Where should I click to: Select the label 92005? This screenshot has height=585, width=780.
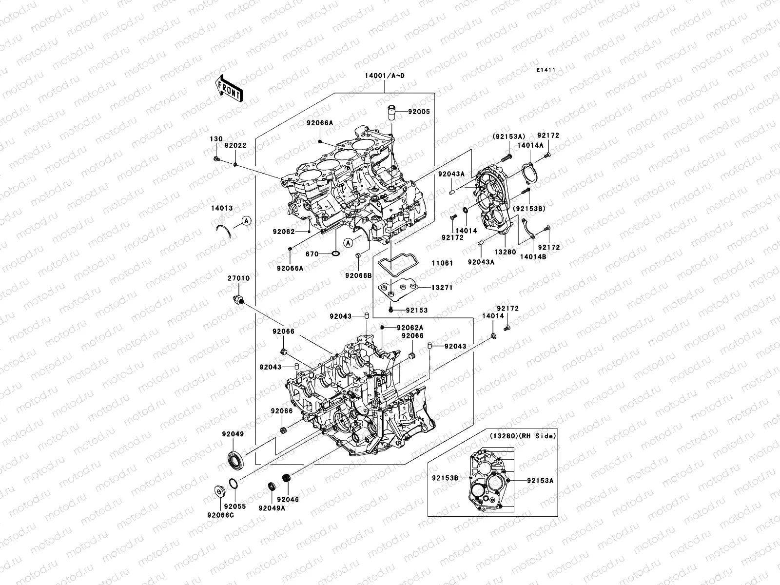[419, 112]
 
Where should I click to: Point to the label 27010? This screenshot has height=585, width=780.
[239, 278]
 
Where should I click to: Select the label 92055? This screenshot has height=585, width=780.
[235, 507]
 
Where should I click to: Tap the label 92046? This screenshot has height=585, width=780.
[288, 500]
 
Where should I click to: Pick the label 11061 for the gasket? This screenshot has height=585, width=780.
[442, 263]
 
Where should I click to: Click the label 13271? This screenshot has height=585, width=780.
[442, 288]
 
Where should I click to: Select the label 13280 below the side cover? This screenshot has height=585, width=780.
[505, 253]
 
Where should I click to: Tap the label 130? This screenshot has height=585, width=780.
[215, 139]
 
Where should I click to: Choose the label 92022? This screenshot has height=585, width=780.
[235, 145]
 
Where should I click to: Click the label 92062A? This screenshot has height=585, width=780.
[409, 328]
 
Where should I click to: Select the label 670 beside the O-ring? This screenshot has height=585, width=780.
[312, 254]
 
